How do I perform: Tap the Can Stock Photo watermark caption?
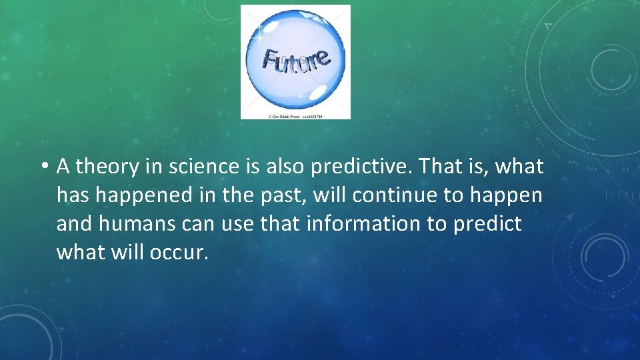pyautogui.click(x=295, y=116)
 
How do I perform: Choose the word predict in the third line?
pyautogui.click(x=489, y=224)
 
